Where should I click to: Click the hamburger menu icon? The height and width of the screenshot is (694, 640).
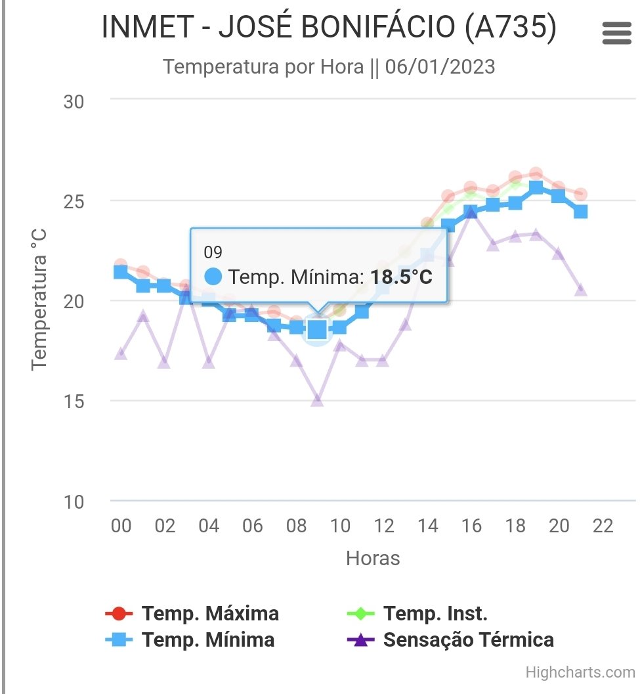(616, 33)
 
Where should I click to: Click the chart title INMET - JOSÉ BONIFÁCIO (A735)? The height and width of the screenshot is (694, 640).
(329, 28)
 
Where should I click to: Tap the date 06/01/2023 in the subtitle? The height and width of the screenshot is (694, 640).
(440, 67)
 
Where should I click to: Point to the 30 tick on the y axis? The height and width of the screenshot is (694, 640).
(74, 102)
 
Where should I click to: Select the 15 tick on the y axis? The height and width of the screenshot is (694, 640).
(74, 402)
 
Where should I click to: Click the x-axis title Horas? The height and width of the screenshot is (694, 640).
(373, 559)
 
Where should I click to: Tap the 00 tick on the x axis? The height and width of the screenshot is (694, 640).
(121, 526)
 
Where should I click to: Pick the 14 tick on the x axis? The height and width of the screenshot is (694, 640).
(427, 526)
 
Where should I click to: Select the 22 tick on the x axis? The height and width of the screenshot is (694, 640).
(603, 526)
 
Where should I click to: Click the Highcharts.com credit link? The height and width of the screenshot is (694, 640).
(580, 672)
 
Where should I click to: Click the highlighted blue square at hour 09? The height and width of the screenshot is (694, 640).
(318, 330)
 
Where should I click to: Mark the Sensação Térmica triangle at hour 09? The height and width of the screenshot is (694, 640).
(318, 400)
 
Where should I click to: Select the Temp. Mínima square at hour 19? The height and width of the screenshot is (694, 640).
(536, 188)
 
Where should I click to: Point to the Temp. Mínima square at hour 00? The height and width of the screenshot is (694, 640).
(121, 271)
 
